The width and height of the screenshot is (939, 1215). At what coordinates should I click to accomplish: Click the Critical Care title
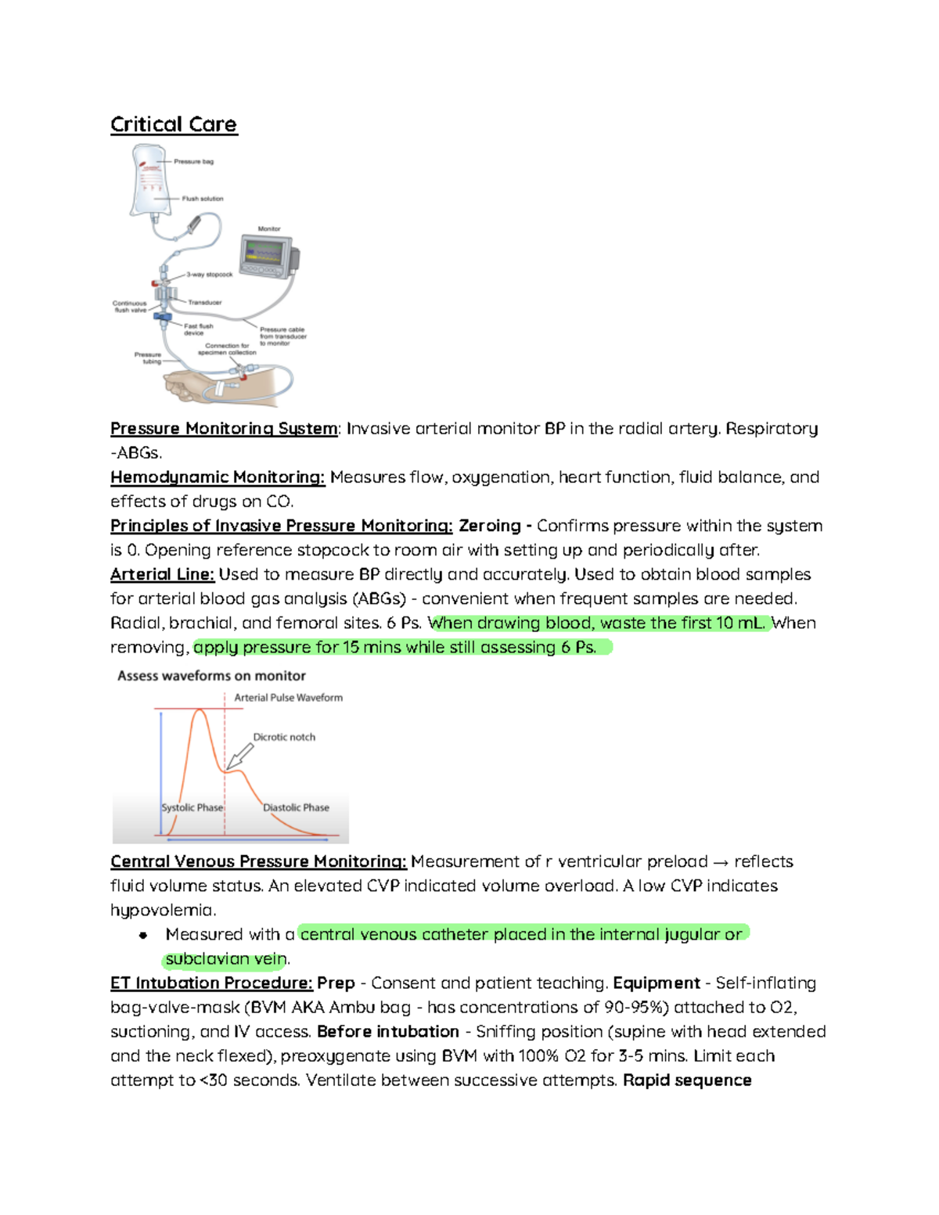(173, 124)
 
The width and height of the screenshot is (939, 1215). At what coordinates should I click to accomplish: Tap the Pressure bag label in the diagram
(193, 162)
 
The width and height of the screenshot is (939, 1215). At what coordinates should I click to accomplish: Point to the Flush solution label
(202, 199)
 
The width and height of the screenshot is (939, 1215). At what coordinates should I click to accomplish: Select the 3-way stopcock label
(209, 275)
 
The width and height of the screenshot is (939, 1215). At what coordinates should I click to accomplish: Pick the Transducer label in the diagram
(204, 302)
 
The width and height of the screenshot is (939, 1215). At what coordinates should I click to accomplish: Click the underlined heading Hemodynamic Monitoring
(217, 477)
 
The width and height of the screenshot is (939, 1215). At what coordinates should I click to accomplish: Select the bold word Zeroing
(489, 526)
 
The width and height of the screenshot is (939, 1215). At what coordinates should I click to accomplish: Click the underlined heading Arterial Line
(162, 574)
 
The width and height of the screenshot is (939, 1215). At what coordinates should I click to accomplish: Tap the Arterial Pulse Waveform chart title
(288, 698)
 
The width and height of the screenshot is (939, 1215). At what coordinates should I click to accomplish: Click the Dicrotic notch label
(284, 737)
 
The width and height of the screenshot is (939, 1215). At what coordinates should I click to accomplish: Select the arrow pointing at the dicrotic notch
(240, 756)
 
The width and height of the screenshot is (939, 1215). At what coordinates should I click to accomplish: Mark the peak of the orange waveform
(200, 710)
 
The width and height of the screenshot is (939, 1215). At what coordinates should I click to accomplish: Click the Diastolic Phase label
(296, 807)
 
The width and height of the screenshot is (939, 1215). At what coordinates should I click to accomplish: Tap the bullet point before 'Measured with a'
(143, 935)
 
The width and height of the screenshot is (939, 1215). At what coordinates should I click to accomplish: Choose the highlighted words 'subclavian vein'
(225, 958)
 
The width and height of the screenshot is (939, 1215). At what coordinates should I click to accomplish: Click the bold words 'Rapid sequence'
(687, 1080)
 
